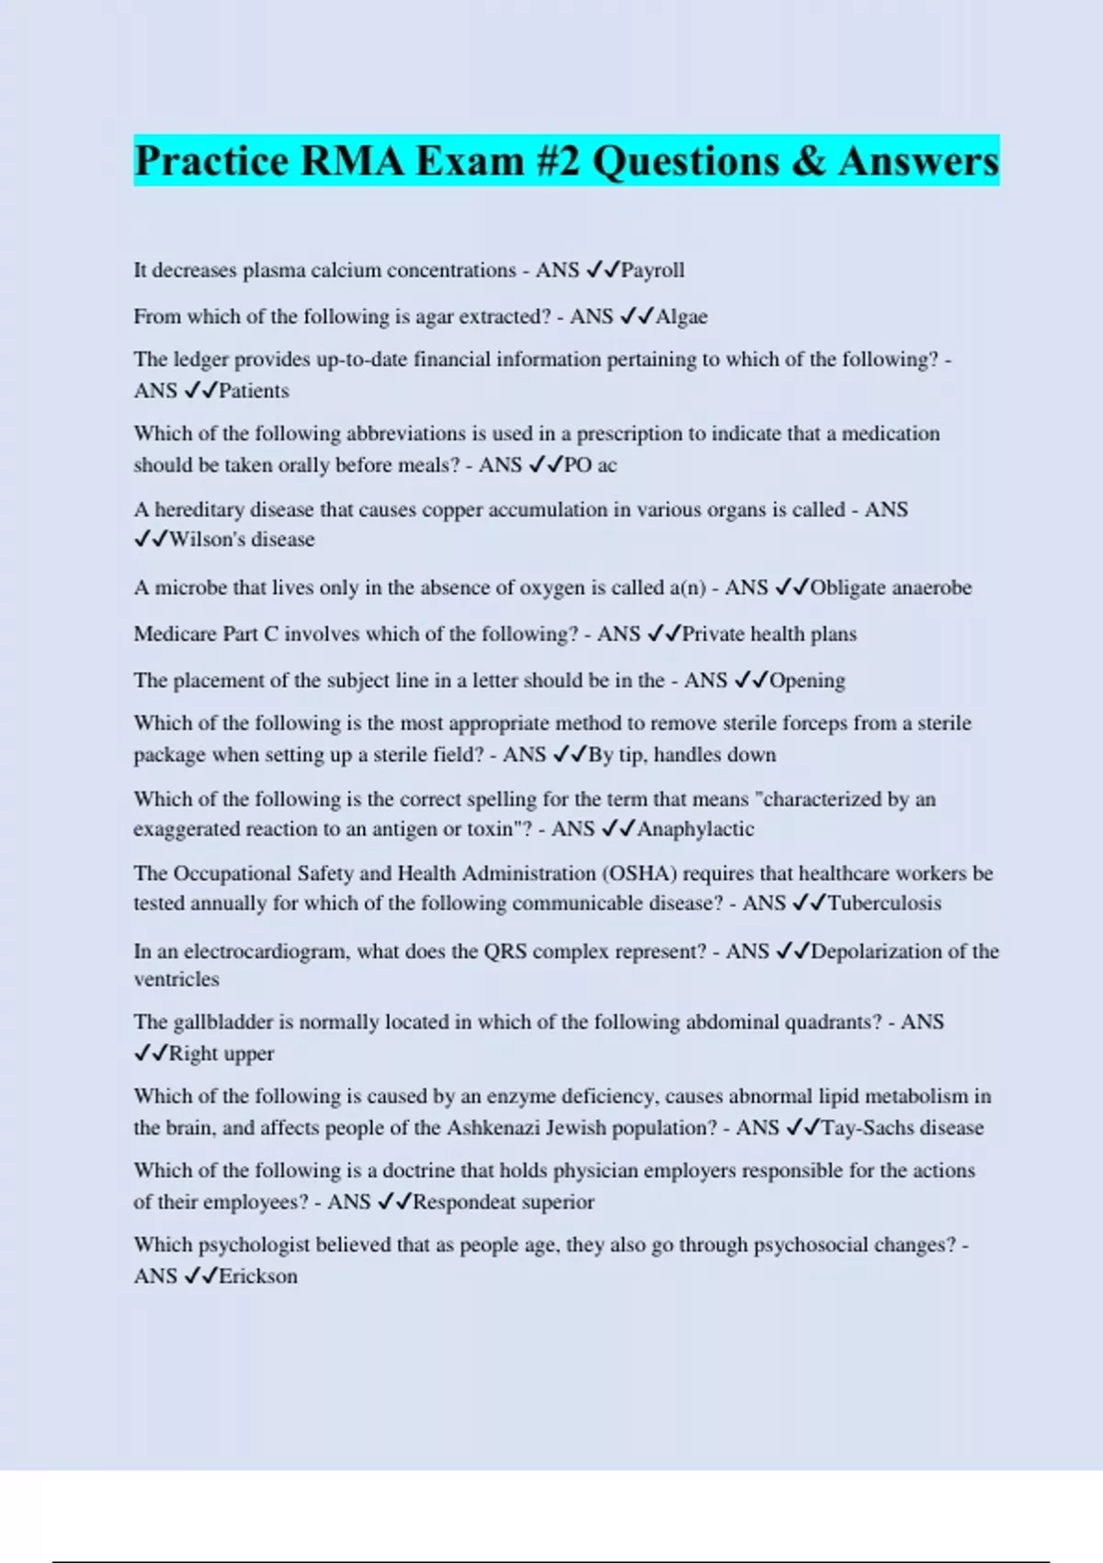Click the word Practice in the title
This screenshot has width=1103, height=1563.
(x=212, y=162)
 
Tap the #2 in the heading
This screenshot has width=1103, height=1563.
(x=551, y=162)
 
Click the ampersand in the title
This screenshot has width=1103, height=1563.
(x=808, y=162)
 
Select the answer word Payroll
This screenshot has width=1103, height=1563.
(x=653, y=270)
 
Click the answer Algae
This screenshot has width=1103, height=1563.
(x=681, y=317)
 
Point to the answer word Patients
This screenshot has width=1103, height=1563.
(x=254, y=391)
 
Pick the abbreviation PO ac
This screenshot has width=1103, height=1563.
(x=590, y=465)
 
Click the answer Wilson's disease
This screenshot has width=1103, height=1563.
(x=242, y=540)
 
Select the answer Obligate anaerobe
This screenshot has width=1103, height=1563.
(x=891, y=588)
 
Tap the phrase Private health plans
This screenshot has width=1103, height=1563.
(x=768, y=634)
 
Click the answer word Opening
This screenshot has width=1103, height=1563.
(x=807, y=680)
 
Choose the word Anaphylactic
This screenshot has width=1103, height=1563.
(x=695, y=829)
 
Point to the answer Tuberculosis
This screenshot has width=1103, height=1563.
(x=884, y=904)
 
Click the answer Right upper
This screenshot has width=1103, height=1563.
(x=222, y=1054)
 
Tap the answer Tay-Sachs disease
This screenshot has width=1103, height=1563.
(x=902, y=1128)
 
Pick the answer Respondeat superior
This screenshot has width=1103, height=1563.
(x=503, y=1203)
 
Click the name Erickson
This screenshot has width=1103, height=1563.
(x=257, y=1276)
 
